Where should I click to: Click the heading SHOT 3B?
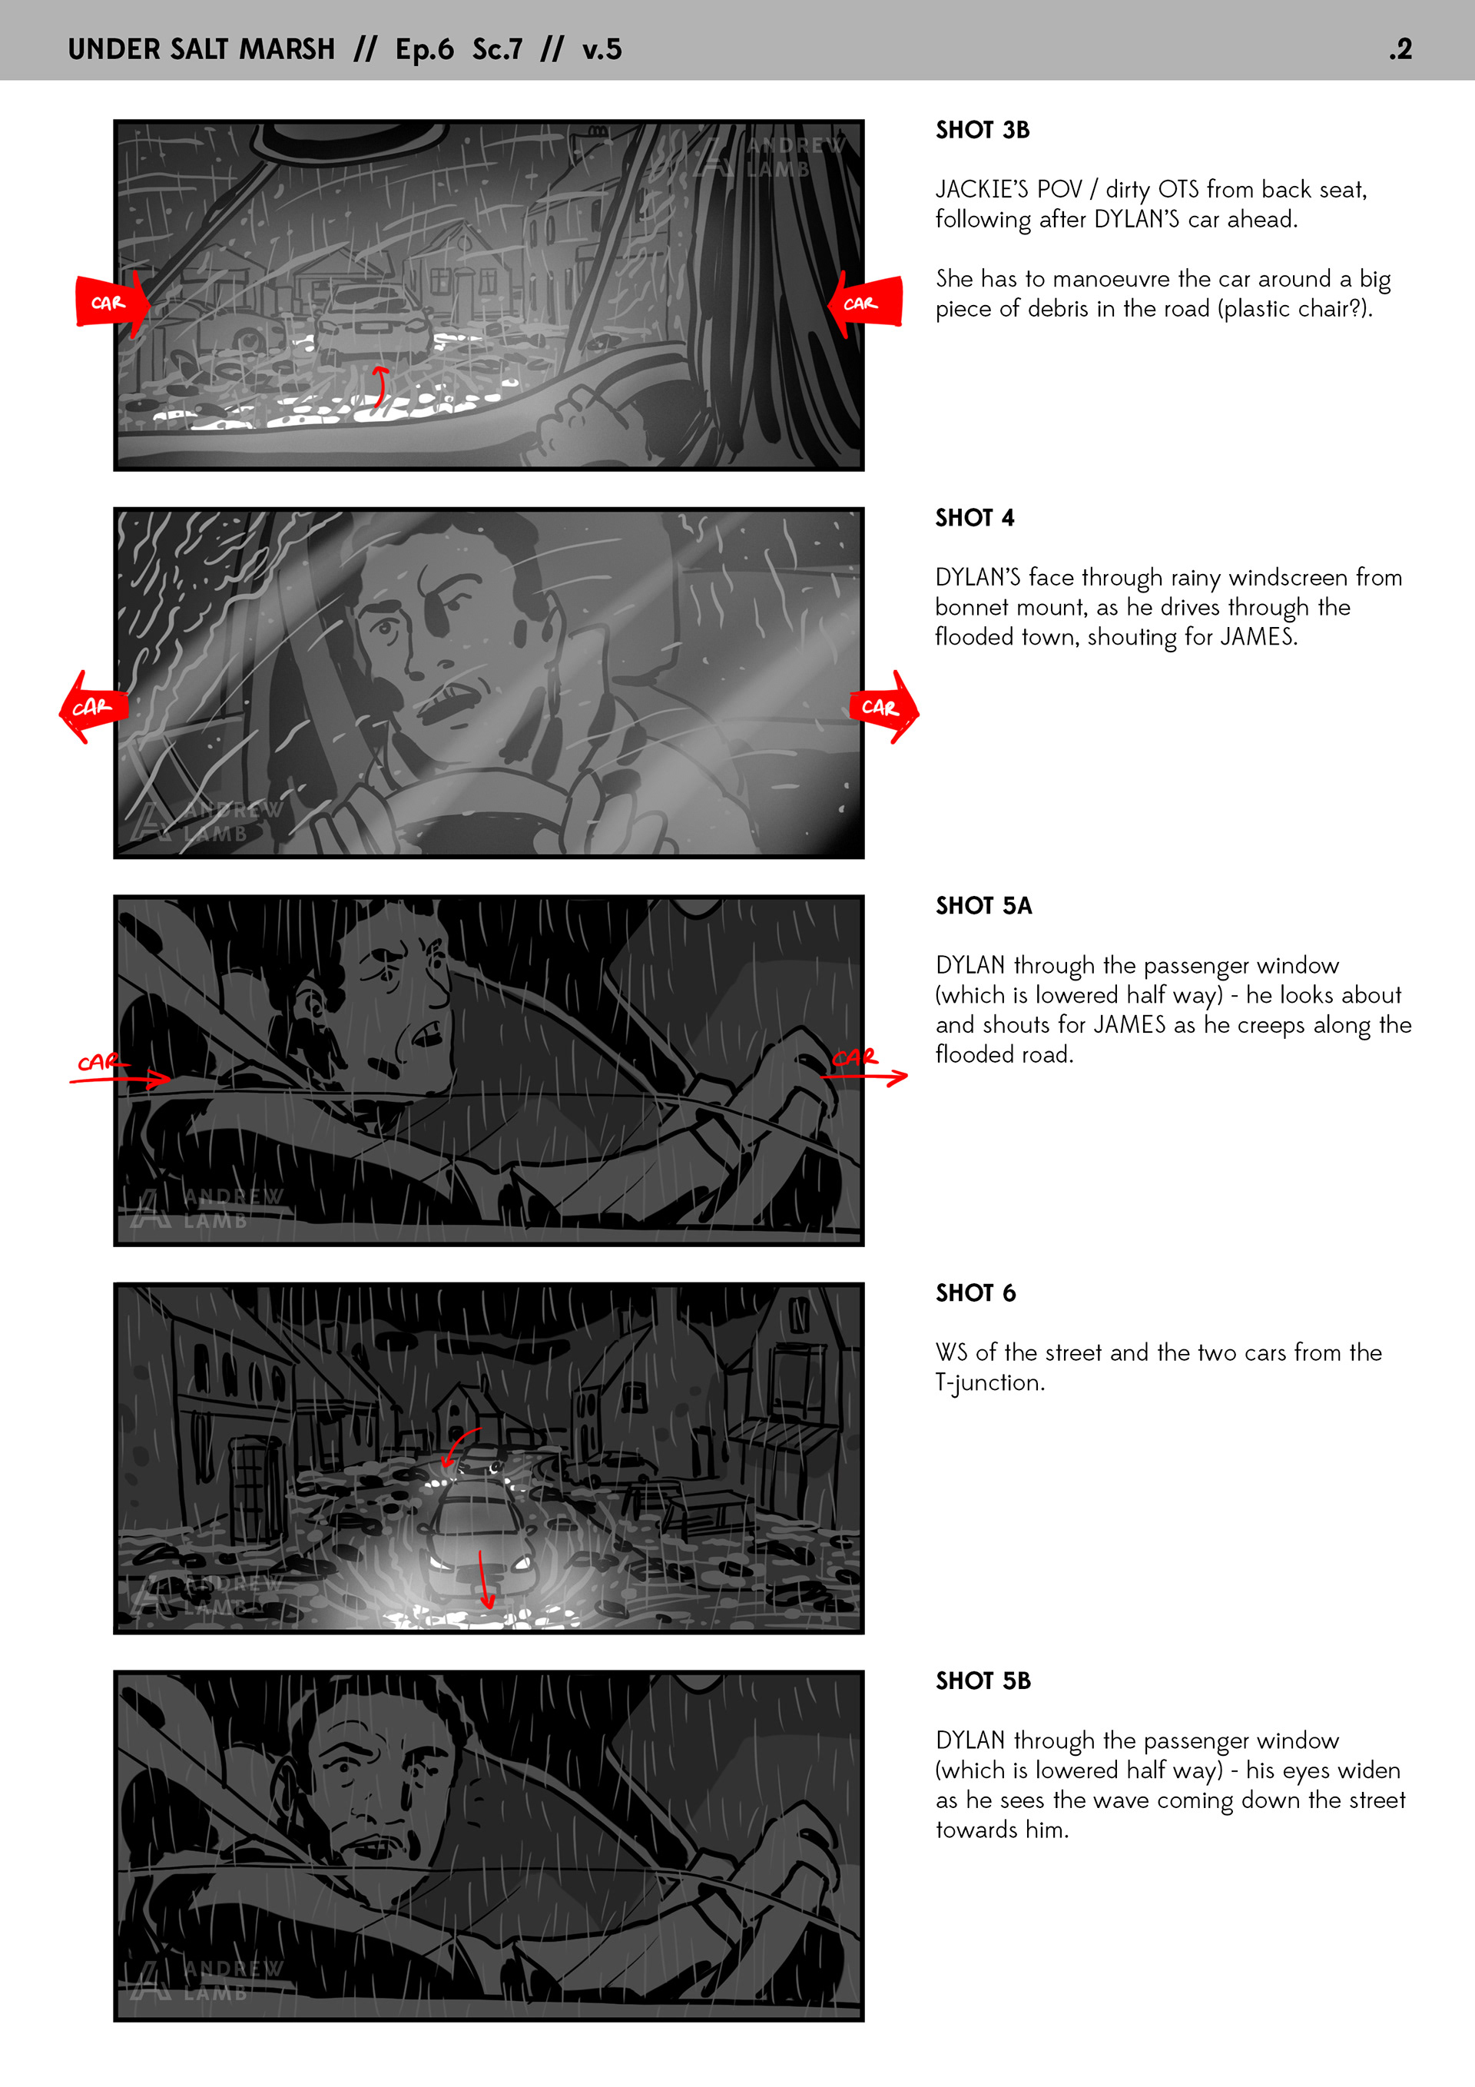point(983,130)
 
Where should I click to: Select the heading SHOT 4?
point(974,518)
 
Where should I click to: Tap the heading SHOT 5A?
point(983,905)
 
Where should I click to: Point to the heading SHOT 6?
point(975,1292)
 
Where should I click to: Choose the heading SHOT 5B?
point(983,1681)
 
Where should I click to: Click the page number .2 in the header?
point(1400,49)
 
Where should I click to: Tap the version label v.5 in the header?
point(602,49)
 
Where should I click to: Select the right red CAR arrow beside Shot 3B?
point(865,303)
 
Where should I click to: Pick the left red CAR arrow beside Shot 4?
point(94,707)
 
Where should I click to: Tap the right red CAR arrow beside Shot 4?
point(884,707)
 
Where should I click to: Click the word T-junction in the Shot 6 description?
point(989,1382)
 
